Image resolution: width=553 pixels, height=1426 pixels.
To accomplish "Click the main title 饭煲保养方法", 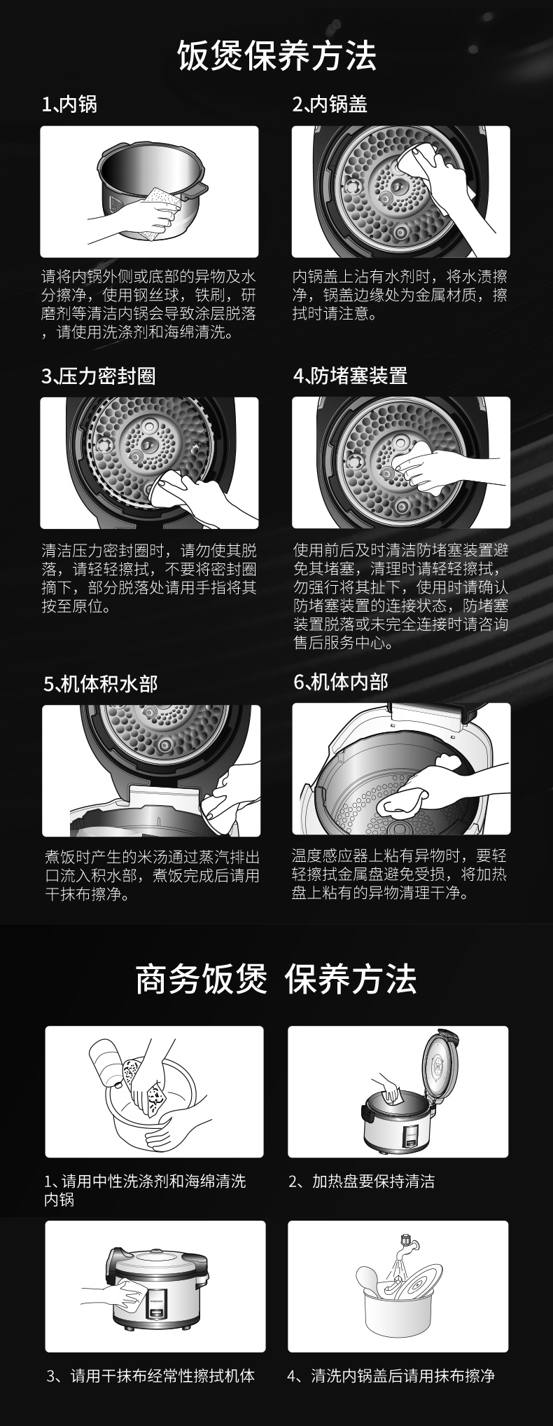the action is point(276,55).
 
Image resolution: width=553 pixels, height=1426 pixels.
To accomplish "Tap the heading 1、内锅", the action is point(69,105).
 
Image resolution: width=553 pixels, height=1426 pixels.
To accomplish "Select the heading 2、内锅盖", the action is point(330,105).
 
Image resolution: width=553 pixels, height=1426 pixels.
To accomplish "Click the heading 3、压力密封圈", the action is point(99,376).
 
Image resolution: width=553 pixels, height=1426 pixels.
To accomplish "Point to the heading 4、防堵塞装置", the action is point(350,376).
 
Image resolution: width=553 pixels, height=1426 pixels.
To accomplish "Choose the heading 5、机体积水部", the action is point(101,683).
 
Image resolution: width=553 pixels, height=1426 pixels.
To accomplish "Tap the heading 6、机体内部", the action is point(340,681).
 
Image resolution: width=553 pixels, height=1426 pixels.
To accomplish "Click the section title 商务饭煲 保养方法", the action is point(276,979).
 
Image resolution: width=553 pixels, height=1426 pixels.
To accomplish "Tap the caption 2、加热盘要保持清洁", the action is point(362,1181).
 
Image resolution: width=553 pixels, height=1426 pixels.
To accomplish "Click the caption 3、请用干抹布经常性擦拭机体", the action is point(150,1376).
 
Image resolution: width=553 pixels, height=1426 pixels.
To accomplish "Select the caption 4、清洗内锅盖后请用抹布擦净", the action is point(391,1376).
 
